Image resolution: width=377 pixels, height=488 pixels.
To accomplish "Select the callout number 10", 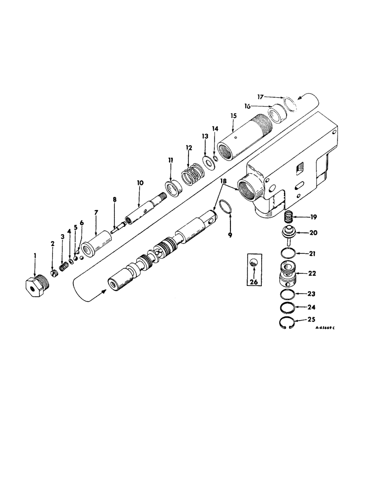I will coord(140,183).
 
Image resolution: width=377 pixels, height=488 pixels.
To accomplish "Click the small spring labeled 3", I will coord(63,267).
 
